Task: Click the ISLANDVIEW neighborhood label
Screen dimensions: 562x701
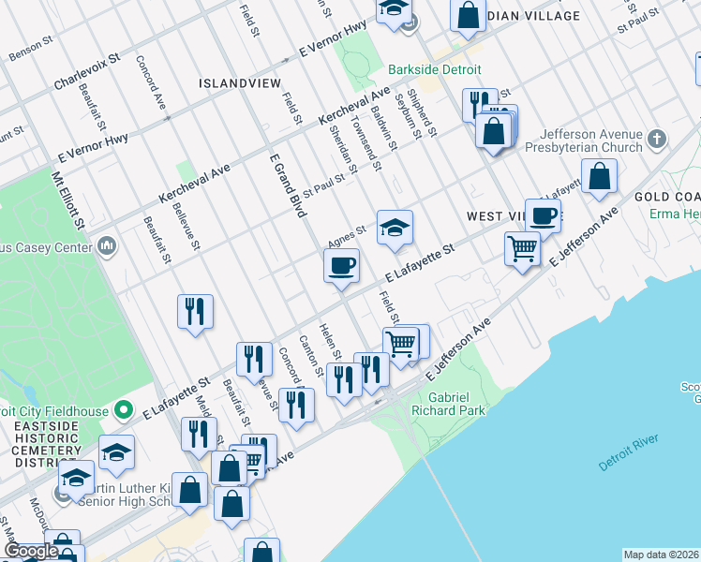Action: (240, 83)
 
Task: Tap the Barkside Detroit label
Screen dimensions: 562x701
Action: (436, 70)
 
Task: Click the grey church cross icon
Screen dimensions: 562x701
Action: (657, 140)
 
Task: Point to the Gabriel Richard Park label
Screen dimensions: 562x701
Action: (449, 404)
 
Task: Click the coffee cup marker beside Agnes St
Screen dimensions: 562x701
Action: (342, 264)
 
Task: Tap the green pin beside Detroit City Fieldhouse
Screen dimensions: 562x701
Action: (123, 410)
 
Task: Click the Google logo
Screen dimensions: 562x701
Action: (31, 551)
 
